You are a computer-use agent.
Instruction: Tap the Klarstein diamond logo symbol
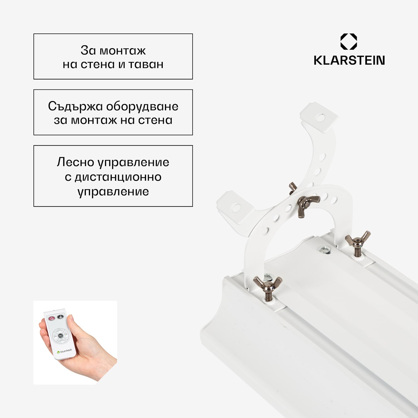point(349,42)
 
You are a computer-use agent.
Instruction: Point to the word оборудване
point(142,107)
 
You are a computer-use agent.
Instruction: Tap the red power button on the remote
point(52,318)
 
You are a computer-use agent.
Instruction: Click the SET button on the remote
point(60,336)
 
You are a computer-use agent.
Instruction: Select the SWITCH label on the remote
point(59,331)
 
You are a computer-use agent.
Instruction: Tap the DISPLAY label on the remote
point(62,341)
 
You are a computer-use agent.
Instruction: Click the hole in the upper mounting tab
point(321,117)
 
